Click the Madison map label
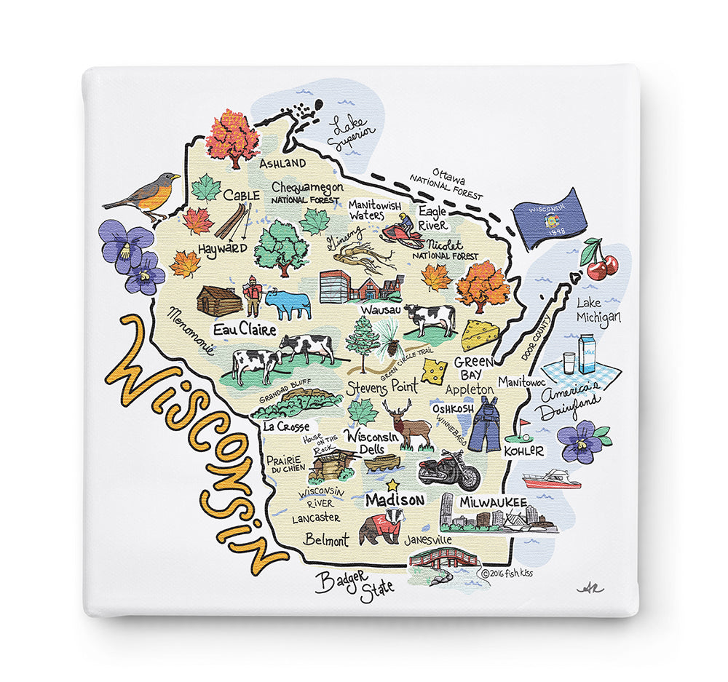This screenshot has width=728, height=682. (395, 501)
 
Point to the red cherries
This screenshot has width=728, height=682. (601, 263)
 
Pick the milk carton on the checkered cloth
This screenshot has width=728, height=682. (586, 354)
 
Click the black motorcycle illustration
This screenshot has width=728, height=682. (449, 469)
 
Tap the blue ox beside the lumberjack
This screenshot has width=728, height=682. (288, 303)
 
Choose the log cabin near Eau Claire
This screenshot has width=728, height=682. (220, 301)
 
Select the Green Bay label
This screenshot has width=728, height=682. (475, 368)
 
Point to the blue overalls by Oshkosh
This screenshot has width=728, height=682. (484, 425)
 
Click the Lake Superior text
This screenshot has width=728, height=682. (350, 132)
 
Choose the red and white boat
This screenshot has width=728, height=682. (552, 480)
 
